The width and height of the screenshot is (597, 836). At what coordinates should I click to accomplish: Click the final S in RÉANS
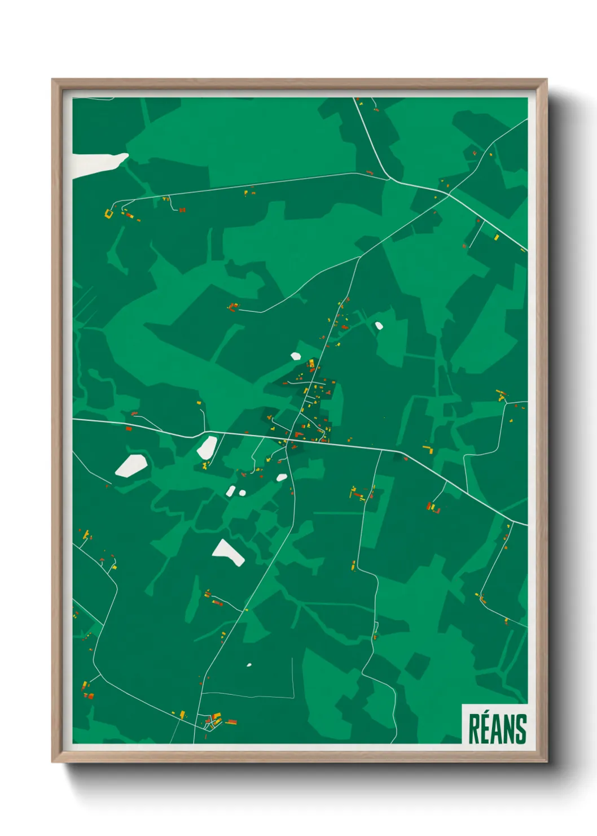(521, 730)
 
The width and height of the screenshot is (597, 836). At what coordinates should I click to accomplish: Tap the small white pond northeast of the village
(379, 325)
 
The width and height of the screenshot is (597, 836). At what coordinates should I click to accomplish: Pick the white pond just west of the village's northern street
(296, 356)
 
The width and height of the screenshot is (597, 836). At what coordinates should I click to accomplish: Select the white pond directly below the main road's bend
(207, 447)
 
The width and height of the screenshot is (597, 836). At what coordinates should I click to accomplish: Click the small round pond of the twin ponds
(243, 493)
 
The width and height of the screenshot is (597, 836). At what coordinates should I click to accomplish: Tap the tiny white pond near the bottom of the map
(249, 665)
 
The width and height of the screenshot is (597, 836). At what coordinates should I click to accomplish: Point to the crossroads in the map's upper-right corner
(449, 194)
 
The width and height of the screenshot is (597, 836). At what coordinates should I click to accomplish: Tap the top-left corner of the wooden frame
(52, 80)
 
